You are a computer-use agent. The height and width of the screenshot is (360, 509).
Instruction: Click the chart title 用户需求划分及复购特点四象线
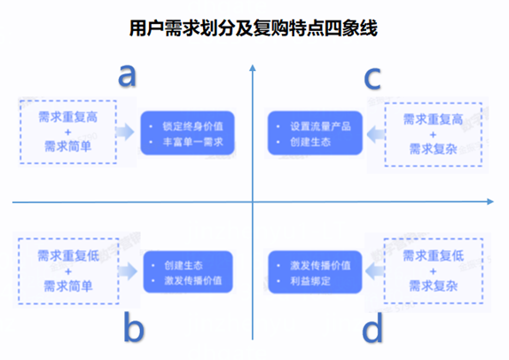(254, 28)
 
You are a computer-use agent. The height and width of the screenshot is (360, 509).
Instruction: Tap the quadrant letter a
(128, 75)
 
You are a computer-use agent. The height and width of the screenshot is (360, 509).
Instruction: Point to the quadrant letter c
(372, 78)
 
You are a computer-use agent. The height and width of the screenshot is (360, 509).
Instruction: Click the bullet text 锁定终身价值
(192, 126)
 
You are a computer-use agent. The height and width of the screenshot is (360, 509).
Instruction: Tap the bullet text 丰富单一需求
(192, 142)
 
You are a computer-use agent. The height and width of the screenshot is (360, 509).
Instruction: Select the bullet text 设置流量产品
(320, 126)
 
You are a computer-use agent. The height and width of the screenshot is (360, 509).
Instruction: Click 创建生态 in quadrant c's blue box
(310, 142)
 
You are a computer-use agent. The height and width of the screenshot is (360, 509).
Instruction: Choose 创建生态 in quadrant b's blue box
(184, 265)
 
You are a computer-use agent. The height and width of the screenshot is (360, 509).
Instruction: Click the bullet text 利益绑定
(310, 281)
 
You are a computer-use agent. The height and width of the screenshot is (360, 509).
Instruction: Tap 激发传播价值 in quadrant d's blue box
(320, 265)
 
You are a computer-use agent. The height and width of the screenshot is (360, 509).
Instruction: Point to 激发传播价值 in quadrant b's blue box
(193, 280)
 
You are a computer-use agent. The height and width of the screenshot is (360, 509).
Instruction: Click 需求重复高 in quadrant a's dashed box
(68, 117)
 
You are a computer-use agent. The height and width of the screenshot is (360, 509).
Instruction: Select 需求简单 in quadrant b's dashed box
(68, 286)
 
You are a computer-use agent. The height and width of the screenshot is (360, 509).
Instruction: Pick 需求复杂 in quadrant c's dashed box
(434, 149)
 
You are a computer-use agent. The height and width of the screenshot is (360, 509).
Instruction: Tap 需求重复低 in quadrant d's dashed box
(434, 255)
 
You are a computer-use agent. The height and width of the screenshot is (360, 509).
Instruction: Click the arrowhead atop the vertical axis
(253, 67)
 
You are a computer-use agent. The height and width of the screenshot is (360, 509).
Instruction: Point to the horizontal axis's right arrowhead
(490, 201)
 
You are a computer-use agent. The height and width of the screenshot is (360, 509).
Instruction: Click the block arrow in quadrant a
(125, 132)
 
